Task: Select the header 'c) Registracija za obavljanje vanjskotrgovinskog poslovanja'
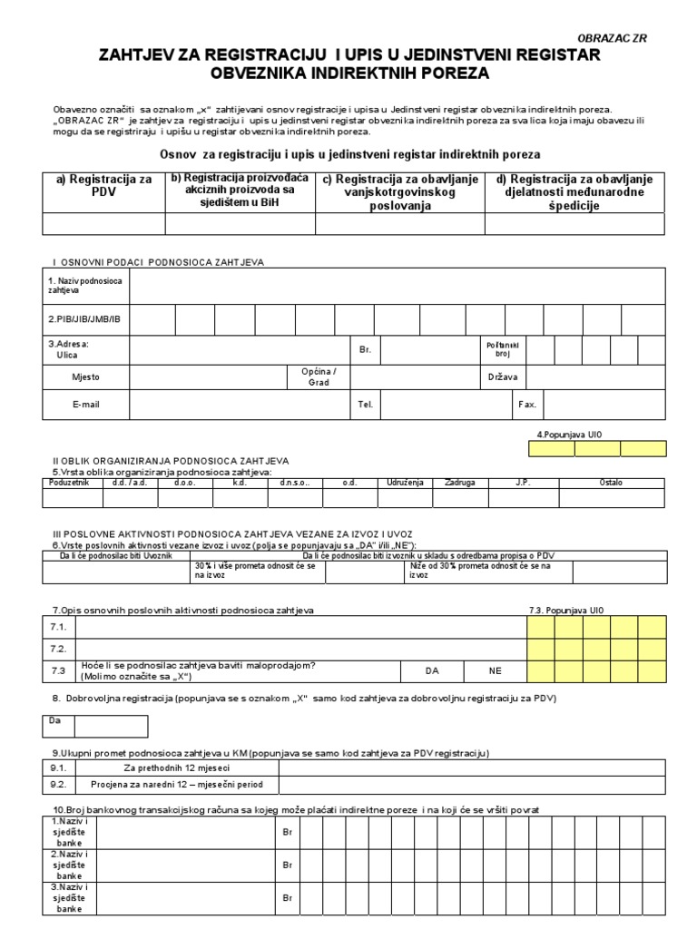[x=400, y=192]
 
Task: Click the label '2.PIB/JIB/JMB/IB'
[x=83, y=320]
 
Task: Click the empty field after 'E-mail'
[x=240, y=405]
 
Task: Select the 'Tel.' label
[x=366, y=405]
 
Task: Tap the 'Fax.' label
[x=527, y=405]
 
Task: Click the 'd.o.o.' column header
[x=185, y=483]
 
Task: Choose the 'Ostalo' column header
[x=611, y=483]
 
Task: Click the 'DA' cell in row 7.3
[x=432, y=670]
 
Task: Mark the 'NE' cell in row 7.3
[x=495, y=670]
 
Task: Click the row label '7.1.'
[x=59, y=627]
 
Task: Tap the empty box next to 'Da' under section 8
[x=111, y=726]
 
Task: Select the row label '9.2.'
[x=59, y=785]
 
